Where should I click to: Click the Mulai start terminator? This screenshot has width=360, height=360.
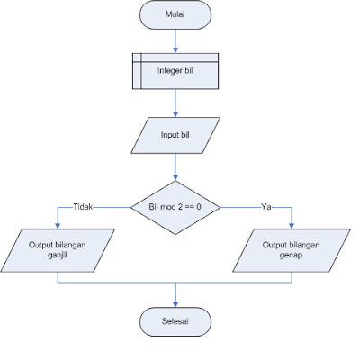(x=175, y=15)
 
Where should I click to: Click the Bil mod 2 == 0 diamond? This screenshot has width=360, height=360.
(x=175, y=207)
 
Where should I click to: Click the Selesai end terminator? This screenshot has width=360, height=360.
(x=175, y=321)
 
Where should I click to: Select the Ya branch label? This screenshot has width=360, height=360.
(x=266, y=207)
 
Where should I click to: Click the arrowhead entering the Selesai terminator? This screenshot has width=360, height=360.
(x=175, y=302)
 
